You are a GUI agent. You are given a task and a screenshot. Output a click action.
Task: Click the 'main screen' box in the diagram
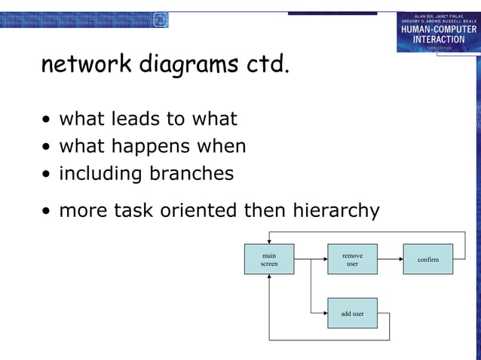269,259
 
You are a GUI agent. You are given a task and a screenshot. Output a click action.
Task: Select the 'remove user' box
352,259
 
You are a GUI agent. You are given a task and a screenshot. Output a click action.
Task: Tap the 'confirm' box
427,259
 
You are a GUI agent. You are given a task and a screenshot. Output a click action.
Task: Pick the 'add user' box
352,313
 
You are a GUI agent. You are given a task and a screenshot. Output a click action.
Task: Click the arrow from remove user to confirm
390,259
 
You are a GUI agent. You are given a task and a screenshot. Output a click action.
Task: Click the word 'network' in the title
86,66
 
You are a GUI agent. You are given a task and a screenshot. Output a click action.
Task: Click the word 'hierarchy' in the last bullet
336,210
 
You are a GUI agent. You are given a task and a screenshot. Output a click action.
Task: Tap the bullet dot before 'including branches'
47,175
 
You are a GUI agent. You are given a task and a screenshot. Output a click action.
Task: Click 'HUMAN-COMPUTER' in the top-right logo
439,29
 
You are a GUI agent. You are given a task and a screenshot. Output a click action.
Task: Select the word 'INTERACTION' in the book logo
439,39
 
